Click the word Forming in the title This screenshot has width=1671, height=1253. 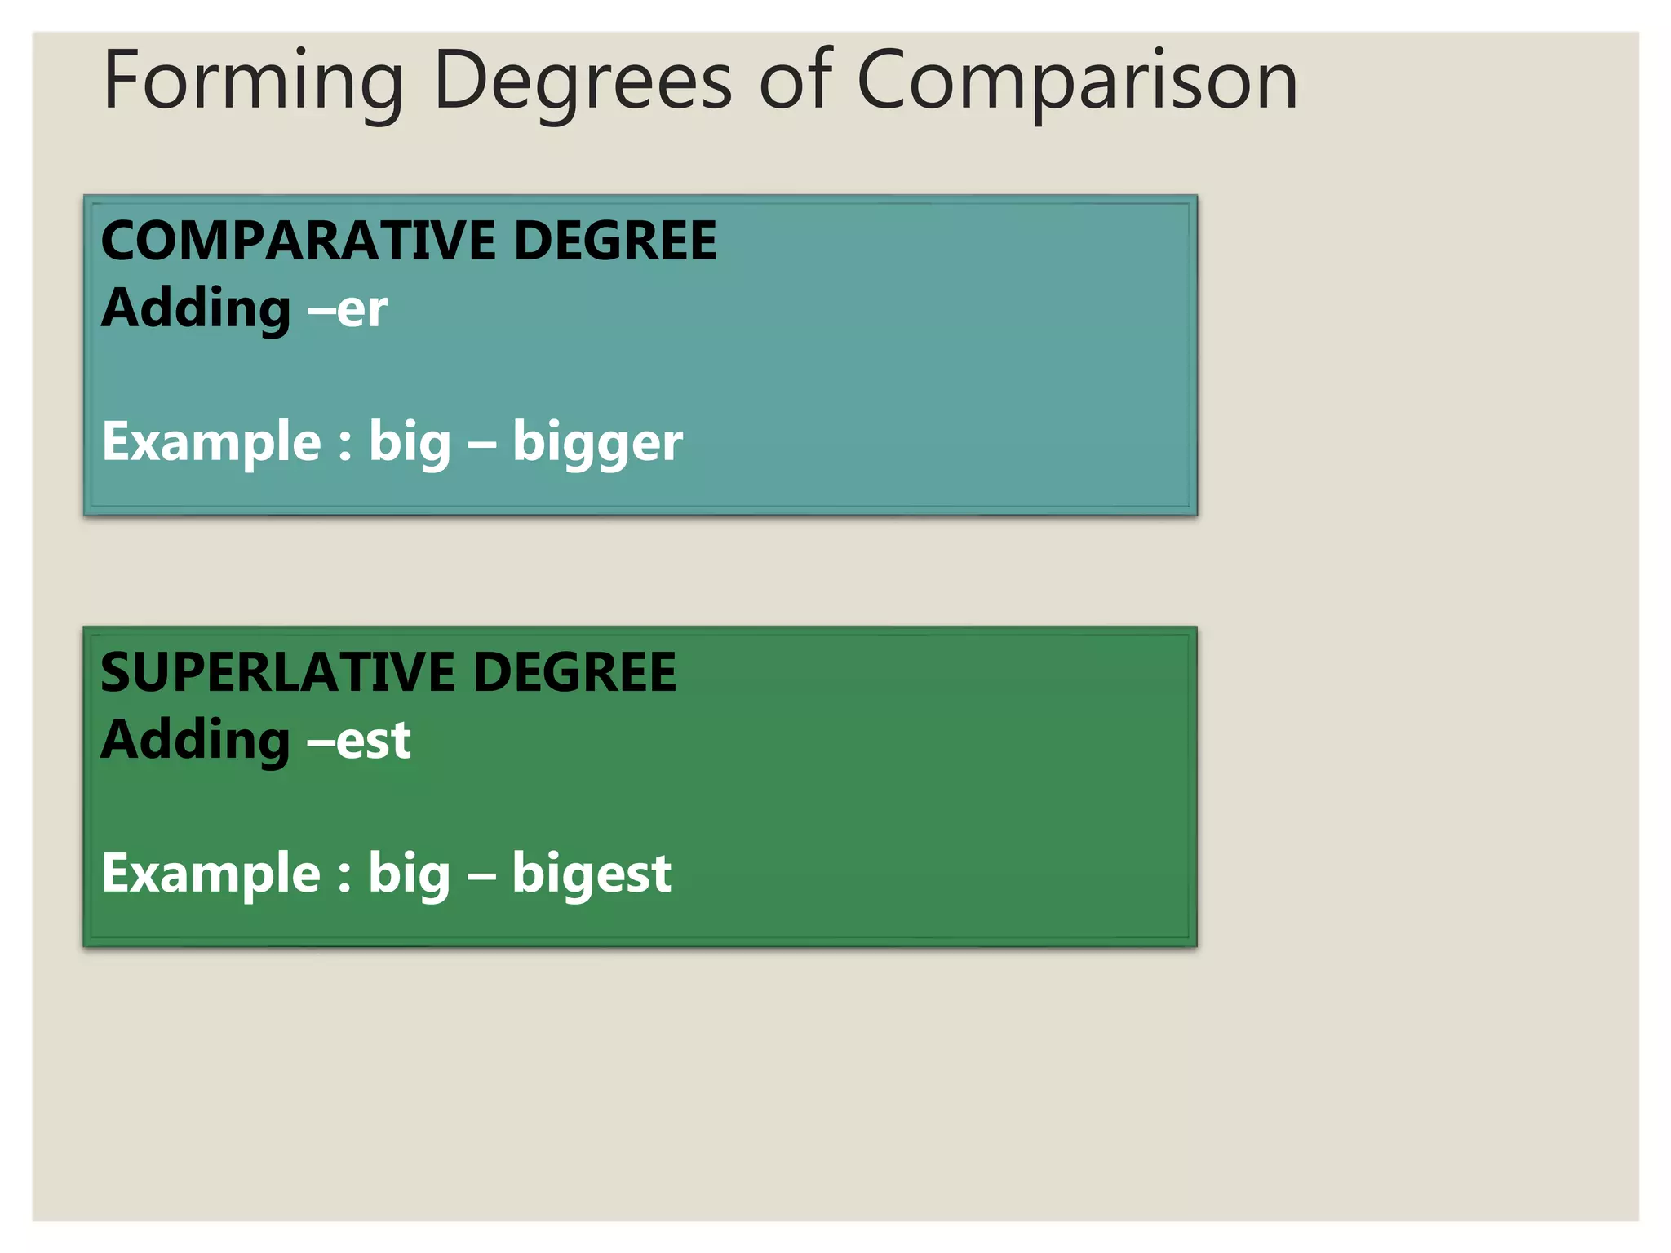tap(253, 82)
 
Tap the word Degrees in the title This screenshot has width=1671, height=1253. tap(583, 82)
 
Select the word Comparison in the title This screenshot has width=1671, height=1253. tap(1077, 82)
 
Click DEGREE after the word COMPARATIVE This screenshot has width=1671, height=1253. tap(615, 241)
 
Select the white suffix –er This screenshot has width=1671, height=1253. tap(348, 310)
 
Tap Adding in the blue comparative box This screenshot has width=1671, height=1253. tap(196, 310)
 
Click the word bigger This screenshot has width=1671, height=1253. tap(597, 444)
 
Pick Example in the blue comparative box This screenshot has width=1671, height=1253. tap(211, 442)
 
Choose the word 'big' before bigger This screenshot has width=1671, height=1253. tap(410, 442)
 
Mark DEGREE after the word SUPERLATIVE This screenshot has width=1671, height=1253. tap(574, 673)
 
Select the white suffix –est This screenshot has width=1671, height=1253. tap(360, 742)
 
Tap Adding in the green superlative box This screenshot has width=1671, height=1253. tap(196, 742)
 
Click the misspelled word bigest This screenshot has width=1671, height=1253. tap(592, 874)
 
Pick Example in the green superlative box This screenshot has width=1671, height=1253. tap(211, 874)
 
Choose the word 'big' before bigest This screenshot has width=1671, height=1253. tap(410, 874)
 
